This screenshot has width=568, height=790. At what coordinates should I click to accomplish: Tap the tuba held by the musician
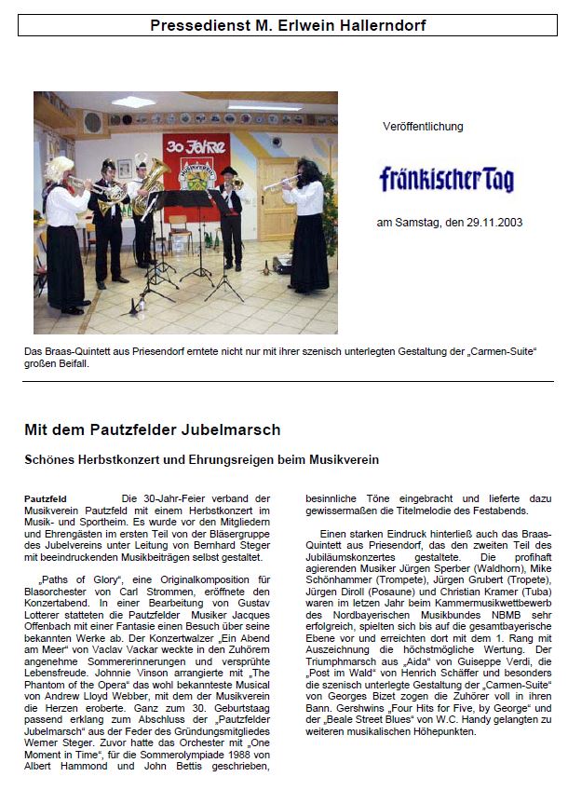pos(151,183)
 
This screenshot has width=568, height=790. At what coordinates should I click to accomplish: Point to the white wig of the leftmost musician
pos(61,168)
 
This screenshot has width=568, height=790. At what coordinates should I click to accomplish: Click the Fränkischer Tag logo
pos(446,178)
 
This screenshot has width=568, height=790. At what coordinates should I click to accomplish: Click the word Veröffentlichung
pos(423,127)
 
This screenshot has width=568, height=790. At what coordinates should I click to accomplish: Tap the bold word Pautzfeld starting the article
pos(46,499)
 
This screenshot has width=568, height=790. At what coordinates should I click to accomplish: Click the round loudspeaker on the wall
pos(91,122)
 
